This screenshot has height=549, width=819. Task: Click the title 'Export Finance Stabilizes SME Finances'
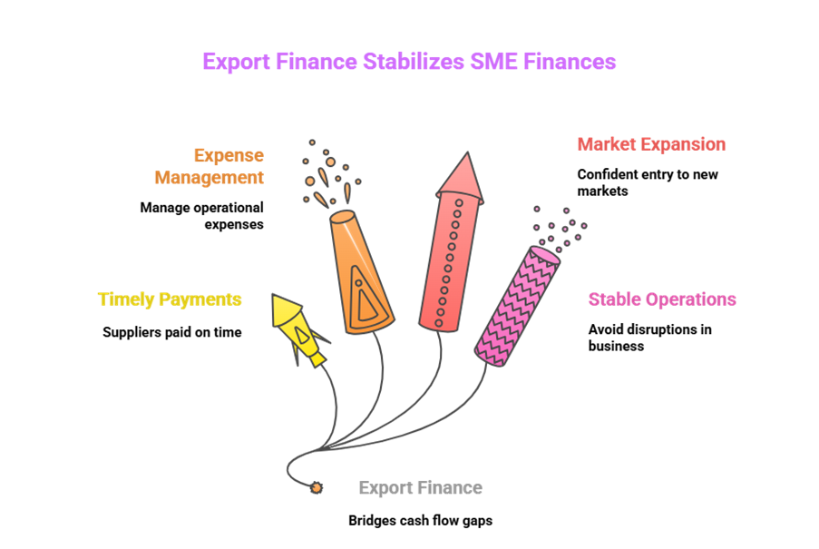[409, 62]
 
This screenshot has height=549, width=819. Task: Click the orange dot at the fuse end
[316, 488]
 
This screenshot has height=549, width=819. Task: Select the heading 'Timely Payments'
[170, 299]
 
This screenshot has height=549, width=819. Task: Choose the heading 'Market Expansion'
[652, 144]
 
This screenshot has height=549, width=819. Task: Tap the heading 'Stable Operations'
[662, 299]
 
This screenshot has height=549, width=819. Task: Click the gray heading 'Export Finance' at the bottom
[421, 488]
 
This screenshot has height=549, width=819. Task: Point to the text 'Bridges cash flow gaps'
[421, 521]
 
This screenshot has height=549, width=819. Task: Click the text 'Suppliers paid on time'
[172, 332]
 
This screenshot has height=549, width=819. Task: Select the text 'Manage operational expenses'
[201, 215]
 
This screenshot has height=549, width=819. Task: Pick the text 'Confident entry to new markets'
[648, 182]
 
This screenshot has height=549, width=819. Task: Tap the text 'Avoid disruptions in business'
[649, 337]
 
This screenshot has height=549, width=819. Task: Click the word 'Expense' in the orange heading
[229, 155]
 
